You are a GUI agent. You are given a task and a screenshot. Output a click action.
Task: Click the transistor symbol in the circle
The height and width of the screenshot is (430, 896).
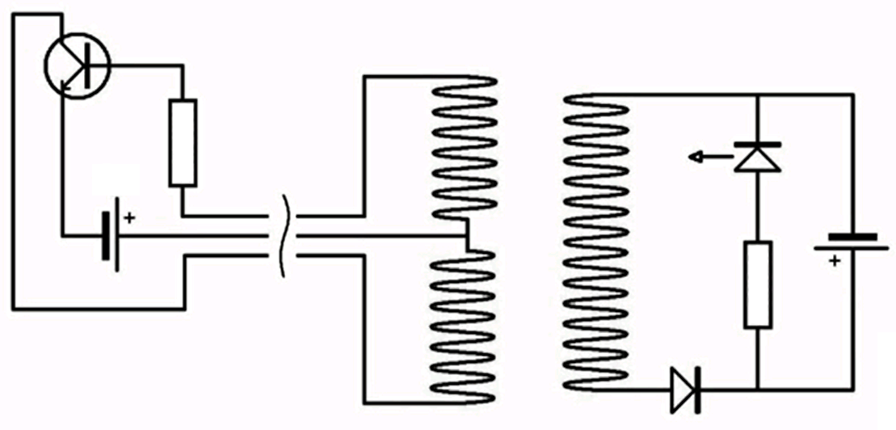(78, 66)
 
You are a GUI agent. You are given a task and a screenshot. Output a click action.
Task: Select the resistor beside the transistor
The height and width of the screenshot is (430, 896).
(183, 143)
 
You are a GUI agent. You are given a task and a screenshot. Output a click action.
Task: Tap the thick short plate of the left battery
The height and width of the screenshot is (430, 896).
(106, 235)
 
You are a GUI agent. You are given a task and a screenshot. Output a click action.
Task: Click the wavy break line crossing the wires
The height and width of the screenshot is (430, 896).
(283, 235)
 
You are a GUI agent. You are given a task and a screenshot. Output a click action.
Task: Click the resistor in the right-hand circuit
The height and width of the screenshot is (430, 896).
(757, 284)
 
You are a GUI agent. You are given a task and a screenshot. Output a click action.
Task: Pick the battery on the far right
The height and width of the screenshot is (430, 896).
(852, 242)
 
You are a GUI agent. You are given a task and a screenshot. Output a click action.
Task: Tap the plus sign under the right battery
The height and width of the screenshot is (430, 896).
(834, 260)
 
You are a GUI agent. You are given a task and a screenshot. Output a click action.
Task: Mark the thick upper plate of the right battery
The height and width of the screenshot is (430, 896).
(852, 238)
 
